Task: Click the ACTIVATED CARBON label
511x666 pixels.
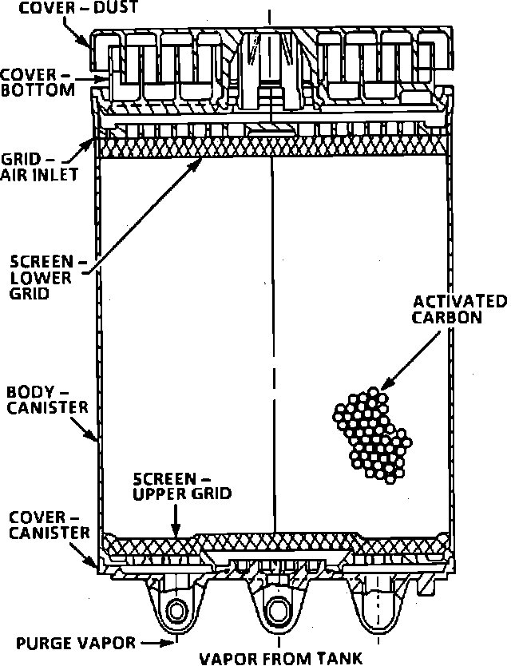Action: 458,309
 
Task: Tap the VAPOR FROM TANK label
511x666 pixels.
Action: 279,658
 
